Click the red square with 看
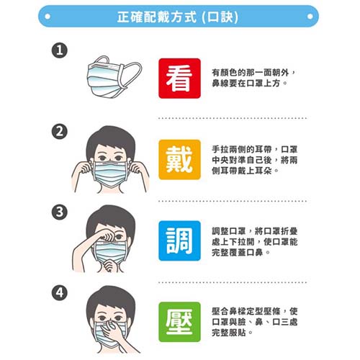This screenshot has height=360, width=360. tap(179, 78)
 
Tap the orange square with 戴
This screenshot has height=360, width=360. tap(179, 159)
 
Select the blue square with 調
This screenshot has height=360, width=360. tap(179, 240)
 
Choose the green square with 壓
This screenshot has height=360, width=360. tap(179, 322)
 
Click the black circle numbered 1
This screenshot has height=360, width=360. tap(60, 50)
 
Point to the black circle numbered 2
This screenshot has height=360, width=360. tap(60, 132)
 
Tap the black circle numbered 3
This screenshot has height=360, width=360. tap(60, 212)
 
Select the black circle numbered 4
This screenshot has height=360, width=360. tap(60, 293)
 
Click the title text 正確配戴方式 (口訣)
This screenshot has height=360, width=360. tap(178, 17)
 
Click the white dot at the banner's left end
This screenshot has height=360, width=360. tap(48, 17)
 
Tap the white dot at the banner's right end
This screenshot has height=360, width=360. tap(310, 17)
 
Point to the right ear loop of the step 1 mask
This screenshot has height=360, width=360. tap(132, 74)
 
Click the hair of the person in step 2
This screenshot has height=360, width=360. tap(110, 137)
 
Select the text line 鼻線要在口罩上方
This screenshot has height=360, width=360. tap(250, 83)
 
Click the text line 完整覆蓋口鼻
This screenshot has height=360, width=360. tap(241, 252)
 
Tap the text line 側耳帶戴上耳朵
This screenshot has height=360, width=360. tap(245, 171)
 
